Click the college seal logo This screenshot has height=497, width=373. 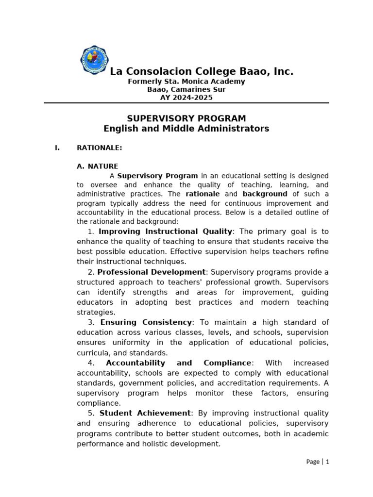(x=94, y=60)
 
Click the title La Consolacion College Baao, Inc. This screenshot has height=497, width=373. (x=202, y=72)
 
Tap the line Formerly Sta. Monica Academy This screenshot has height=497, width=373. (x=186, y=82)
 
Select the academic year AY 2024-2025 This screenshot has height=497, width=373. (x=186, y=98)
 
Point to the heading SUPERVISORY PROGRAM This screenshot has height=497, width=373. (x=186, y=118)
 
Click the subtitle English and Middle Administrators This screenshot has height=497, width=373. (x=186, y=129)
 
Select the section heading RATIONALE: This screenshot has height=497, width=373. (x=100, y=148)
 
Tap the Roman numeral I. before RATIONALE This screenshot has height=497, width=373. (x=57, y=148)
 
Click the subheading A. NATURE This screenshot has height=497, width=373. (x=97, y=166)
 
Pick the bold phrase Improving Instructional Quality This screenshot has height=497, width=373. (x=166, y=232)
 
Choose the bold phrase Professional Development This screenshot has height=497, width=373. (x=152, y=272)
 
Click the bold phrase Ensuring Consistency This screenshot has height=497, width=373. (x=146, y=322)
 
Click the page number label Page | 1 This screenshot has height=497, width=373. (x=318, y=462)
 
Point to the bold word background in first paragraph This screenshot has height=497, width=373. (x=265, y=194)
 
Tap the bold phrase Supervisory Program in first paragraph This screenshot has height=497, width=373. (x=157, y=176)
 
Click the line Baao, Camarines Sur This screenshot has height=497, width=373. (x=186, y=90)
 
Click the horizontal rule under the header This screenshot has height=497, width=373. (x=186, y=103)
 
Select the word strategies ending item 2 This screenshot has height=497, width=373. (x=96, y=313)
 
